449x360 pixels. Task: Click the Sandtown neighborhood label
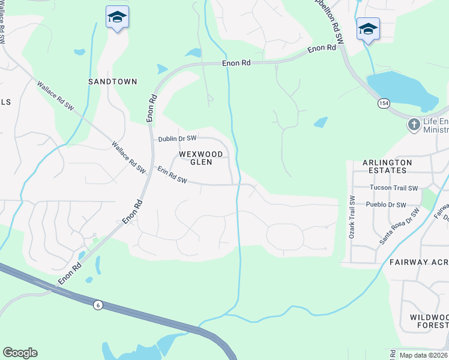(x=113, y=81)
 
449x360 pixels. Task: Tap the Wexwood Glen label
(x=201, y=158)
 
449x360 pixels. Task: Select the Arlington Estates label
(x=387, y=166)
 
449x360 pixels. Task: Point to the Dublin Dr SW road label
(x=177, y=139)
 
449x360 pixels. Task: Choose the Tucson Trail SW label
(x=393, y=188)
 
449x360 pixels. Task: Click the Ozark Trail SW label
(x=352, y=217)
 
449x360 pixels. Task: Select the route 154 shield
(x=384, y=104)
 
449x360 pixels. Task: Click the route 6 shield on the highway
(x=97, y=305)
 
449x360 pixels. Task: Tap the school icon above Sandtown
(x=117, y=18)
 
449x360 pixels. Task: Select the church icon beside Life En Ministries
(x=414, y=125)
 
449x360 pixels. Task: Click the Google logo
(x=20, y=353)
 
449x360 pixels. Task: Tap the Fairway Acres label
(x=418, y=262)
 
